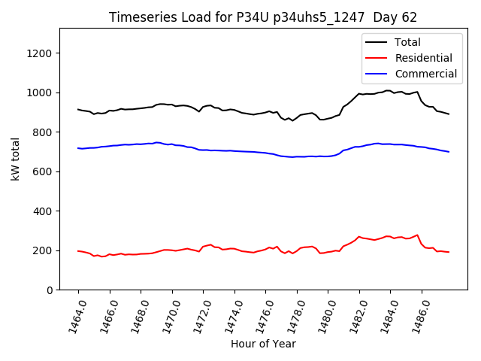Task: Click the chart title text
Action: [262, 17]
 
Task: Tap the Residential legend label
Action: [423, 58]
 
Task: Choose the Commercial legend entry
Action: [425, 74]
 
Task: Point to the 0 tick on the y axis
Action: [49, 290]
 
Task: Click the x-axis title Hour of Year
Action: [262, 344]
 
